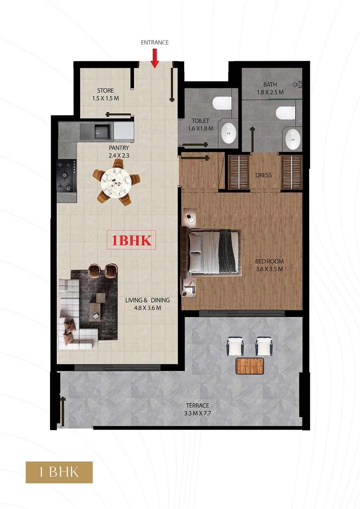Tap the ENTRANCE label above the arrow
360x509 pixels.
[x=155, y=43]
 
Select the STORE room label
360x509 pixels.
[x=105, y=91]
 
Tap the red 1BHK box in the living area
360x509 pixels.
[x=132, y=240]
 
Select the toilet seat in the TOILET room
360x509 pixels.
[x=222, y=103]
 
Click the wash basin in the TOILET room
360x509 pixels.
[x=229, y=133]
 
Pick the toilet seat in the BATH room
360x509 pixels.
[x=286, y=113]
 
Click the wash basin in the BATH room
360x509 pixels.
[x=293, y=139]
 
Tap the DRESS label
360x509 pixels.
[x=264, y=175]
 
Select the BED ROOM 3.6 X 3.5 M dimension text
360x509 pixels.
[x=270, y=269]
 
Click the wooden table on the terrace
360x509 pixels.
[x=250, y=366]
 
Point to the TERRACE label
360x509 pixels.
[x=197, y=405]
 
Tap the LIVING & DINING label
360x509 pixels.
[x=148, y=300]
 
